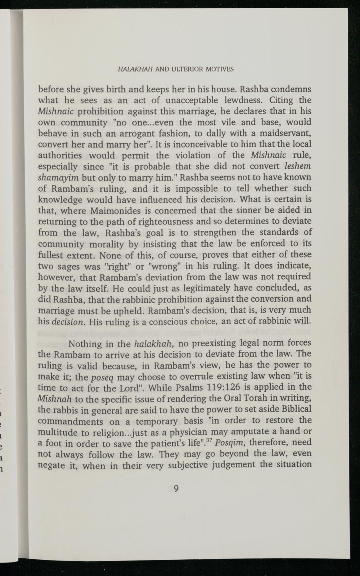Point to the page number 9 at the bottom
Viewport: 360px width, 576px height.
[x=176, y=489]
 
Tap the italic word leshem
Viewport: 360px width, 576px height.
[x=298, y=167]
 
